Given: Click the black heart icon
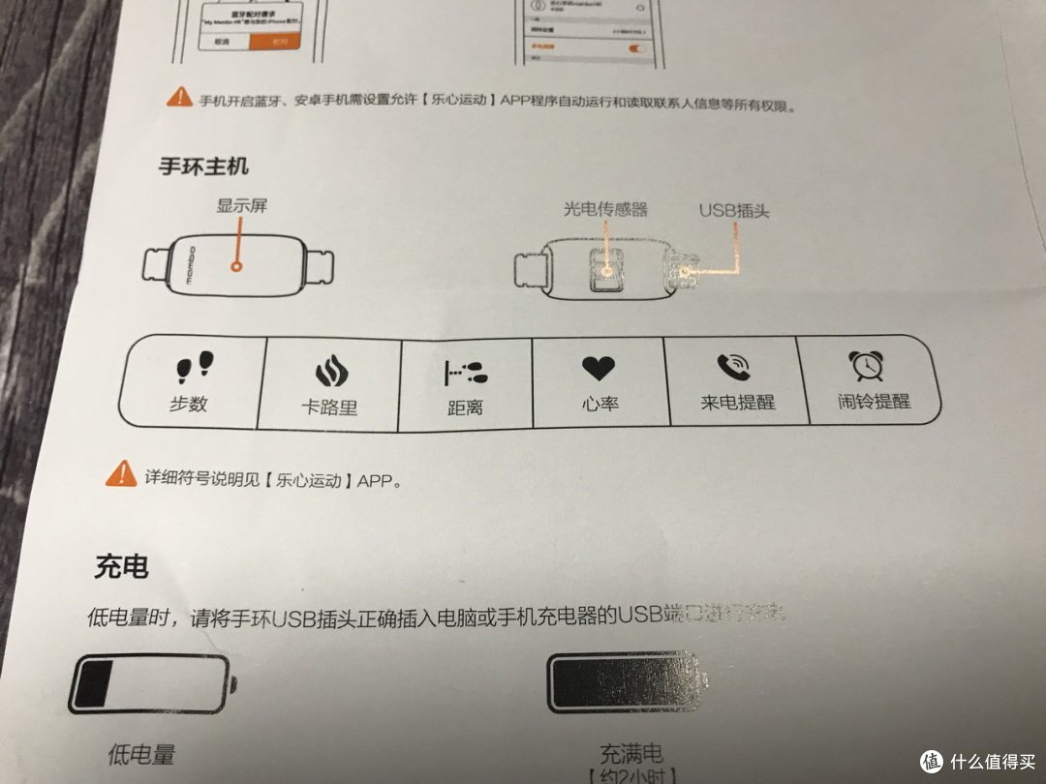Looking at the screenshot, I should pyautogui.click(x=598, y=368).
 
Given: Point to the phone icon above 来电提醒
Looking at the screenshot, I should pyautogui.click(x=732, y=366).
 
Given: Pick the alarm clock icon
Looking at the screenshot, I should pyautogui.click(x=864, y=365).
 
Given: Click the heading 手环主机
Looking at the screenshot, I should pyautogui.click(x=203, y=166).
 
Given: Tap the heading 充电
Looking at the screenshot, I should pyautogui.click(x=122, y=566).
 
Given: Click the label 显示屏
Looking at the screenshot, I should pyautogui.click(x=240, y=206).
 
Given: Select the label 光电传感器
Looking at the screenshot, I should pyautogui.click(x=605, y=208).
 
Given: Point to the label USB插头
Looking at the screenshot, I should pyautogui.click(x=734, y=210).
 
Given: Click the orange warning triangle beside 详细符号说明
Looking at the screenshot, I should pyautogui.click(x=122, y=474).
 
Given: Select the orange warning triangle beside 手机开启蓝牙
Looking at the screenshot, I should pyautogui.click(x=179, y=97).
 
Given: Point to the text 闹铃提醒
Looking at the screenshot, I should pyautogui.click(x=874, y=400).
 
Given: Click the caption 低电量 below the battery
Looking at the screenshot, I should pyautogui.click(x=142, y=754).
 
